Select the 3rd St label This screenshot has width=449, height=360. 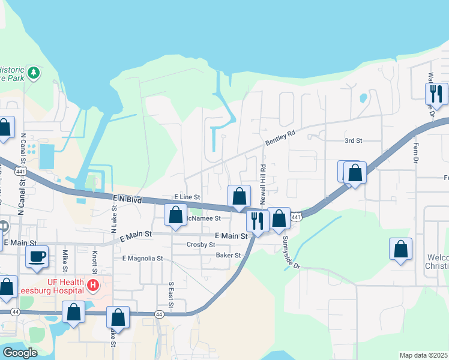354,140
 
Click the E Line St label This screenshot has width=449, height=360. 187,197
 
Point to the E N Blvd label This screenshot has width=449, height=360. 127,199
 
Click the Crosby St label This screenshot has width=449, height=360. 200,245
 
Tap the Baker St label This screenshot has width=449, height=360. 228,255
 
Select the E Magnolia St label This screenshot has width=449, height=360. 142,258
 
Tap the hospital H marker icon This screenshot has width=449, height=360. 93,284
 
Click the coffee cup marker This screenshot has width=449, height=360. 37,257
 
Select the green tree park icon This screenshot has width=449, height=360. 34,73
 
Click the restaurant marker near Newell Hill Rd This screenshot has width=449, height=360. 257,220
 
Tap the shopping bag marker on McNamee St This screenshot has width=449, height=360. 175,214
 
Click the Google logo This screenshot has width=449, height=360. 20,353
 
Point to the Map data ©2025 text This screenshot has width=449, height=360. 423,355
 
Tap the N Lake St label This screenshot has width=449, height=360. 113,218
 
